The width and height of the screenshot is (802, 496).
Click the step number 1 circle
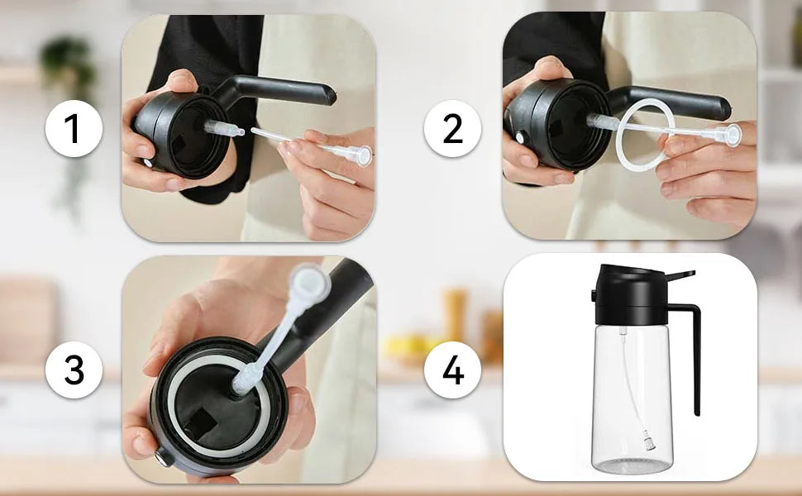(74, 129)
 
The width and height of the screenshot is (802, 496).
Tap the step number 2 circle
(452, 129)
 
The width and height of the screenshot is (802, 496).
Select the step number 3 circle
(74, 370)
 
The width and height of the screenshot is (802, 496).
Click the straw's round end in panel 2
(731, 135)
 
